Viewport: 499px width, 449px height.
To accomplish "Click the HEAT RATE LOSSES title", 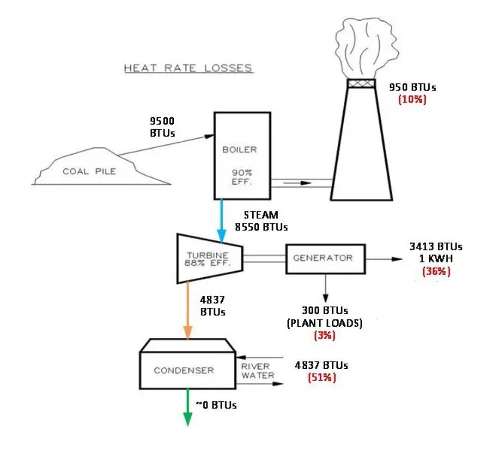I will point(188,68).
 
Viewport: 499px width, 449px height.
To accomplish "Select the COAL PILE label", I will point(90,172).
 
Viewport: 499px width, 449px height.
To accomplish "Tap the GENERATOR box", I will point(325,258).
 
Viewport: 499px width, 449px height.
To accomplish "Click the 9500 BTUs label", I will point(162,127).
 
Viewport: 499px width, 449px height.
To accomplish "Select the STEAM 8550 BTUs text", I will point(261,221).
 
